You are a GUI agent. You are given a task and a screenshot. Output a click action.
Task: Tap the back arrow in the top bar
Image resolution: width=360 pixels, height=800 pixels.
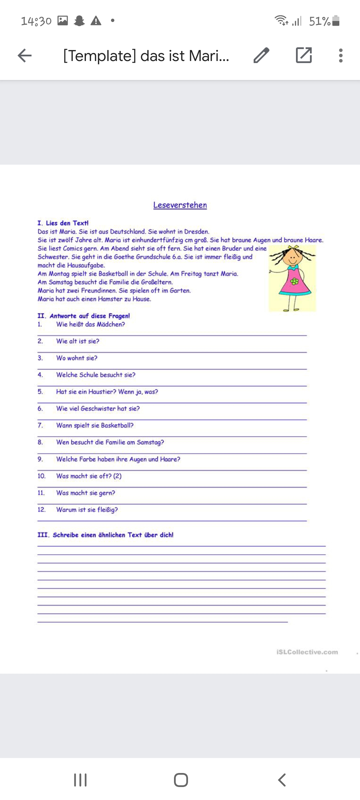pos(25,55)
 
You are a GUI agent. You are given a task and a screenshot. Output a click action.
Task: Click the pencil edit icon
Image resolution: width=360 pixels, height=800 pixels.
pos(261,55)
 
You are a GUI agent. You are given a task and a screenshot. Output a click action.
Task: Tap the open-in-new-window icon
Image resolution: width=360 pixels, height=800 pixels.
pos(304,55)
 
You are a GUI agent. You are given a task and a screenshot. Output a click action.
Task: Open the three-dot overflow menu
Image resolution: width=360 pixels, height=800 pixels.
pos(340,55)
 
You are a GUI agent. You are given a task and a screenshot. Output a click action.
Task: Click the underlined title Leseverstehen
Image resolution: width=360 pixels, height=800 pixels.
pos(180,205)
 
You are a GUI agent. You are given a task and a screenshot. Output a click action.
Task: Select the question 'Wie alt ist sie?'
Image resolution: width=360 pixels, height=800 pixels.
pos(78,341)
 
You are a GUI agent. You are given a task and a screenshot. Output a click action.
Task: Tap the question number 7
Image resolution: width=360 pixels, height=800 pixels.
pos(40,425)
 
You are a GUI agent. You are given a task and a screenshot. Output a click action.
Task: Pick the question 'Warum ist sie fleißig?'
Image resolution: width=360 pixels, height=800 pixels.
pos(87,510)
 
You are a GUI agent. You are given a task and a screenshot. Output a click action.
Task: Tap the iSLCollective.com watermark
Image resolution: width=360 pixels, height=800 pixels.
pos(307,652)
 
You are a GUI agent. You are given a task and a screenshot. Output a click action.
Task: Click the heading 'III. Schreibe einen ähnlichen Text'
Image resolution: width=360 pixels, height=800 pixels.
pos(105,535)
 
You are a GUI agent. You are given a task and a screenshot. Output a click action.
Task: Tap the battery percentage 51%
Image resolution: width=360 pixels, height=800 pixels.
pos(319,21)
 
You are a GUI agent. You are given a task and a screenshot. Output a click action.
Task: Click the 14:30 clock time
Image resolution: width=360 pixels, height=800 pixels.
pos(36,21)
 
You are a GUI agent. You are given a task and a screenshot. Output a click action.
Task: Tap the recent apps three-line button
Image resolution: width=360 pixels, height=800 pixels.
pos(80,780)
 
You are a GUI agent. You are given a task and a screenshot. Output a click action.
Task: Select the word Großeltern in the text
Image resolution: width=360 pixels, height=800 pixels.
pos(156,282)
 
